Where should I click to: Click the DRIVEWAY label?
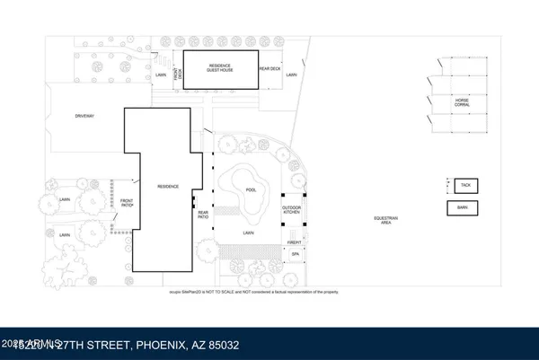(86, 116)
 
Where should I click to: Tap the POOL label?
(252, 189)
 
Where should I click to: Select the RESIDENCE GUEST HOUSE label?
(220, 68)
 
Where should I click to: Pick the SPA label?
(295, 255)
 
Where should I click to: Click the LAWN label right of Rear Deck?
(291, 75)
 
